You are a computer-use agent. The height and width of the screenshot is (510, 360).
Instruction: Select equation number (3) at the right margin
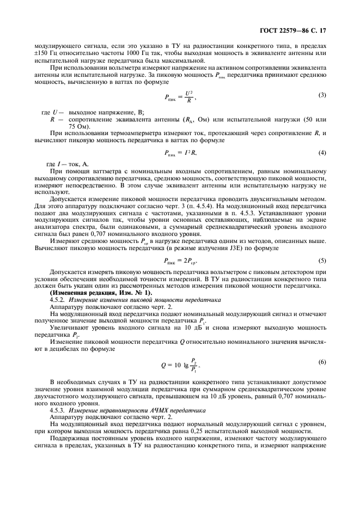click(322, 95)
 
